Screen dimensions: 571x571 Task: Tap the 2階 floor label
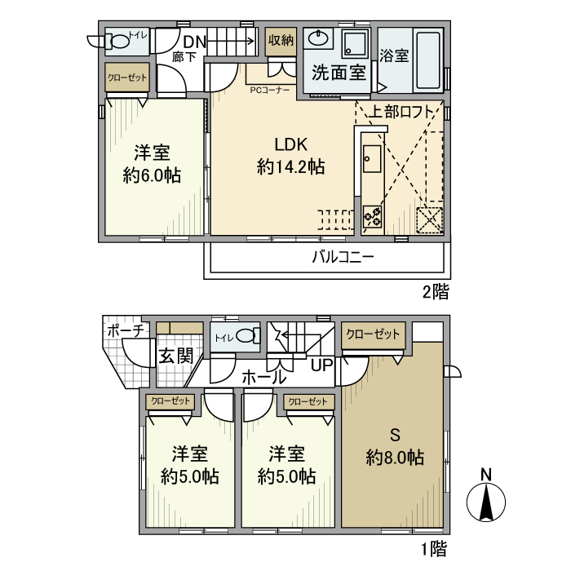(x=435, y=291)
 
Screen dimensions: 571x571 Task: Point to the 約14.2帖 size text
(x=290, y=168)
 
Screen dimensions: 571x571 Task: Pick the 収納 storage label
(x=280, y=39)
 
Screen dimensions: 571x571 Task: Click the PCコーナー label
(x=270, y=91)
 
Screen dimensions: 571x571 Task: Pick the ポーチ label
(x=126, y=330)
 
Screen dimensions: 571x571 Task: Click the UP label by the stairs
(x=321, y=365)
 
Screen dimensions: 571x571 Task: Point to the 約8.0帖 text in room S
(x=395, y=458)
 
